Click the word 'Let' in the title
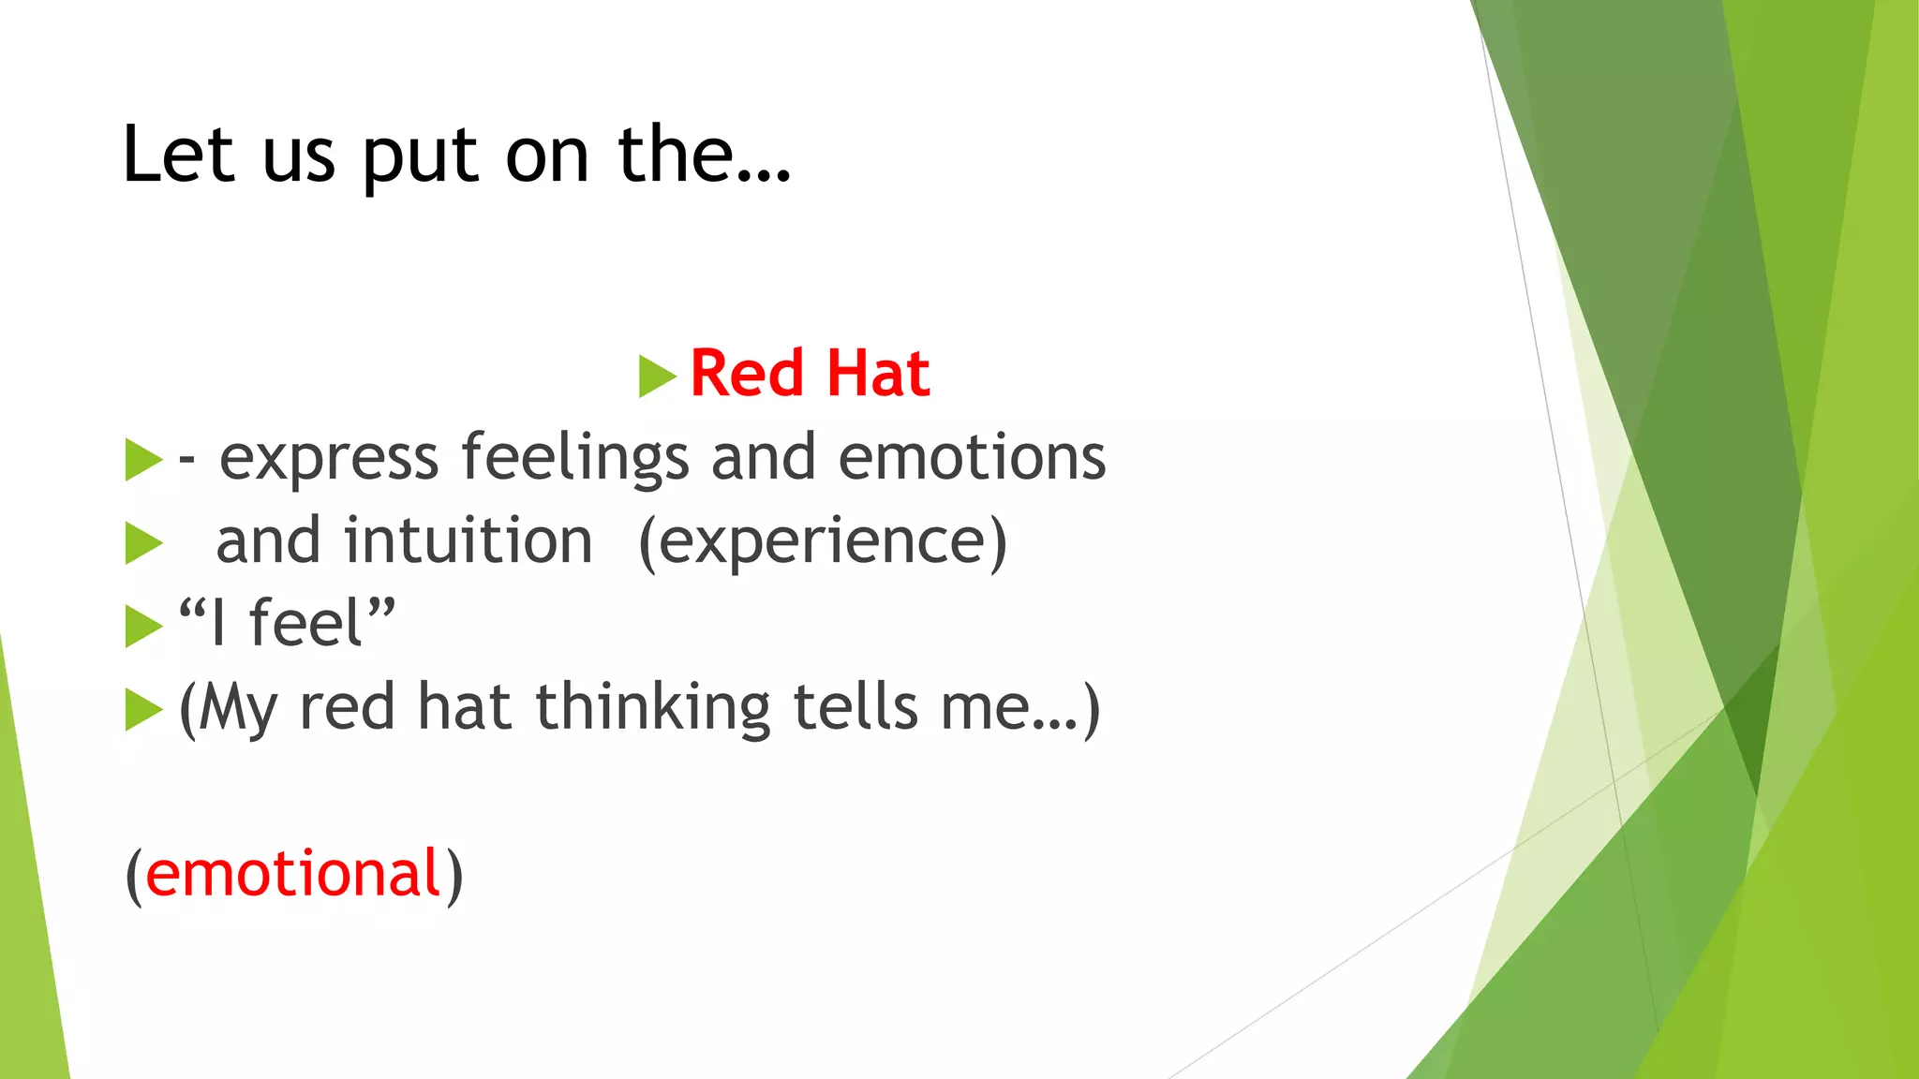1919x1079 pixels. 178,155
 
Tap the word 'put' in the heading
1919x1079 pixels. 420,157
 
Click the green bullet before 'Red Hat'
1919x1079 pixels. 657,376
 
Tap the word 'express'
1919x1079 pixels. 329,459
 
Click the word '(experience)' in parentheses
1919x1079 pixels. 822,542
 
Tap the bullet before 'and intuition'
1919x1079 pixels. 143,543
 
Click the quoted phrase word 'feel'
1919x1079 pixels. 305,624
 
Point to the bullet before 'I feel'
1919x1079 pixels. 143,627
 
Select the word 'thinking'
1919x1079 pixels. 652,708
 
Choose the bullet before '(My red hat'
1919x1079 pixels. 143,710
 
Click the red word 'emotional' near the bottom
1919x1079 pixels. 293,874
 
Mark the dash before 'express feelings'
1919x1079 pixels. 187,459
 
